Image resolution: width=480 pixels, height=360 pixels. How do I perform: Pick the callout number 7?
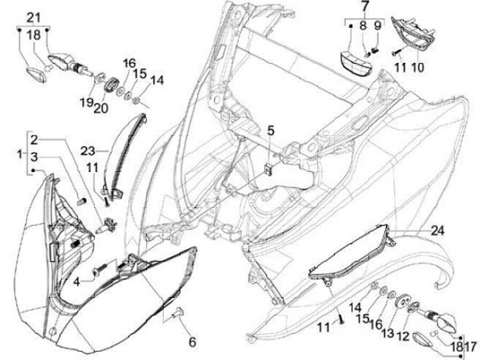pyautogui.click(x=364, y=8)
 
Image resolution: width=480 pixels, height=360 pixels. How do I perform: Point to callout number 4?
pyautogui.click(x=77, y=281)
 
